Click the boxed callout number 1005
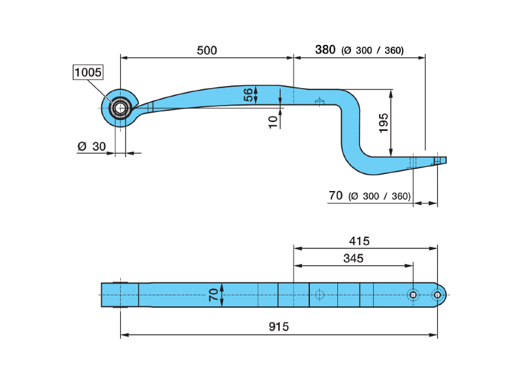(87, 72)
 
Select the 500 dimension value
(206, 50)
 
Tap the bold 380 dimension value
(325, 50)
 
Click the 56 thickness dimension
(249, 95)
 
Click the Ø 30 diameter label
(91, 147)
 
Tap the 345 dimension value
(353, 258)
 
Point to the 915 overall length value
(279, 326)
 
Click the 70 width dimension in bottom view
(213, 295)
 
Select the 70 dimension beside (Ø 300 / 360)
(335, 195)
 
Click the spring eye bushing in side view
(119, 106)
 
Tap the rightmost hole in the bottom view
(437, 295)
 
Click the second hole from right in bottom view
(412, 295)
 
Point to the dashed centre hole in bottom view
(319, 295)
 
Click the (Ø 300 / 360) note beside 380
(373, 51)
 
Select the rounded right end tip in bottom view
(444, 295)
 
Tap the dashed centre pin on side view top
(319, 102)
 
